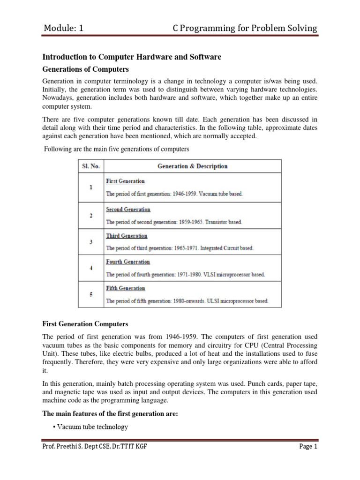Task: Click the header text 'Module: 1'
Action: coord(63,29)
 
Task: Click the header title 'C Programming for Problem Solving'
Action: coord(245,29)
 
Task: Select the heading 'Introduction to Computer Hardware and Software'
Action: coord(132,57)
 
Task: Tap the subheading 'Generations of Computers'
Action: coord(85,69)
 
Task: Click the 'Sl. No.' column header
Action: coord(91,166)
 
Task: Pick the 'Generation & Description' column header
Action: coord(193,166)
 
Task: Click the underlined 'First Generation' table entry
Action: coord(125,181)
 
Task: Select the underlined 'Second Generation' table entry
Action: coord(128,209)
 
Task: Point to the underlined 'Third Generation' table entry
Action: coord(127,236)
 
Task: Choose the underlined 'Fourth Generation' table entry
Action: coord(128,262)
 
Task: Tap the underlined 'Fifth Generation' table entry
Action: coord(126,288)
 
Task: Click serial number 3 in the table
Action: coord(91,242)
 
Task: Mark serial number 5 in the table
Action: coord(91,294)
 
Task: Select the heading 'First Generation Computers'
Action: coord(85,324)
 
